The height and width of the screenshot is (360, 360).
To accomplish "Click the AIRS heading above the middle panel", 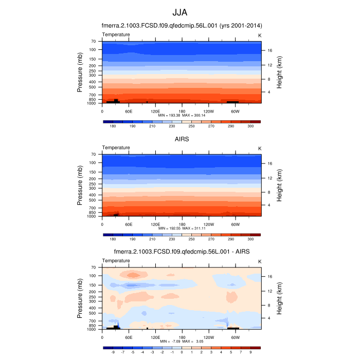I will click(x=180, y=138).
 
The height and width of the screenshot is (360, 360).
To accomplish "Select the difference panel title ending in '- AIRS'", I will click(x=180, y=251).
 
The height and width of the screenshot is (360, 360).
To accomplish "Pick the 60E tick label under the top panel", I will click(x=129, y=111).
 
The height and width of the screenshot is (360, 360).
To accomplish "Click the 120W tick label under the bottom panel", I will click(x=208, y=337).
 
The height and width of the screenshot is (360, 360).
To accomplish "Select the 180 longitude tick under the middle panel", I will click(x=182, y=224).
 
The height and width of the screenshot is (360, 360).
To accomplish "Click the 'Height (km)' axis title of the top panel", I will click(x=279, y=73).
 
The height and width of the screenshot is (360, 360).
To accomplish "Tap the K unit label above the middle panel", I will click(x=259, y=148).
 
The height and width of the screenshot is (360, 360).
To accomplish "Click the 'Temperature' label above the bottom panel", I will click(x=116, y=261).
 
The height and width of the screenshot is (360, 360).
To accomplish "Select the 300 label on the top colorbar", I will click(x=250, y=126).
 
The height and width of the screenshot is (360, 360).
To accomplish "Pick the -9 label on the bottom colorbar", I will click(x=113, y=353).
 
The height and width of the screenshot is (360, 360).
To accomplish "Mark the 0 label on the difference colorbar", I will click(x=182, y=353).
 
